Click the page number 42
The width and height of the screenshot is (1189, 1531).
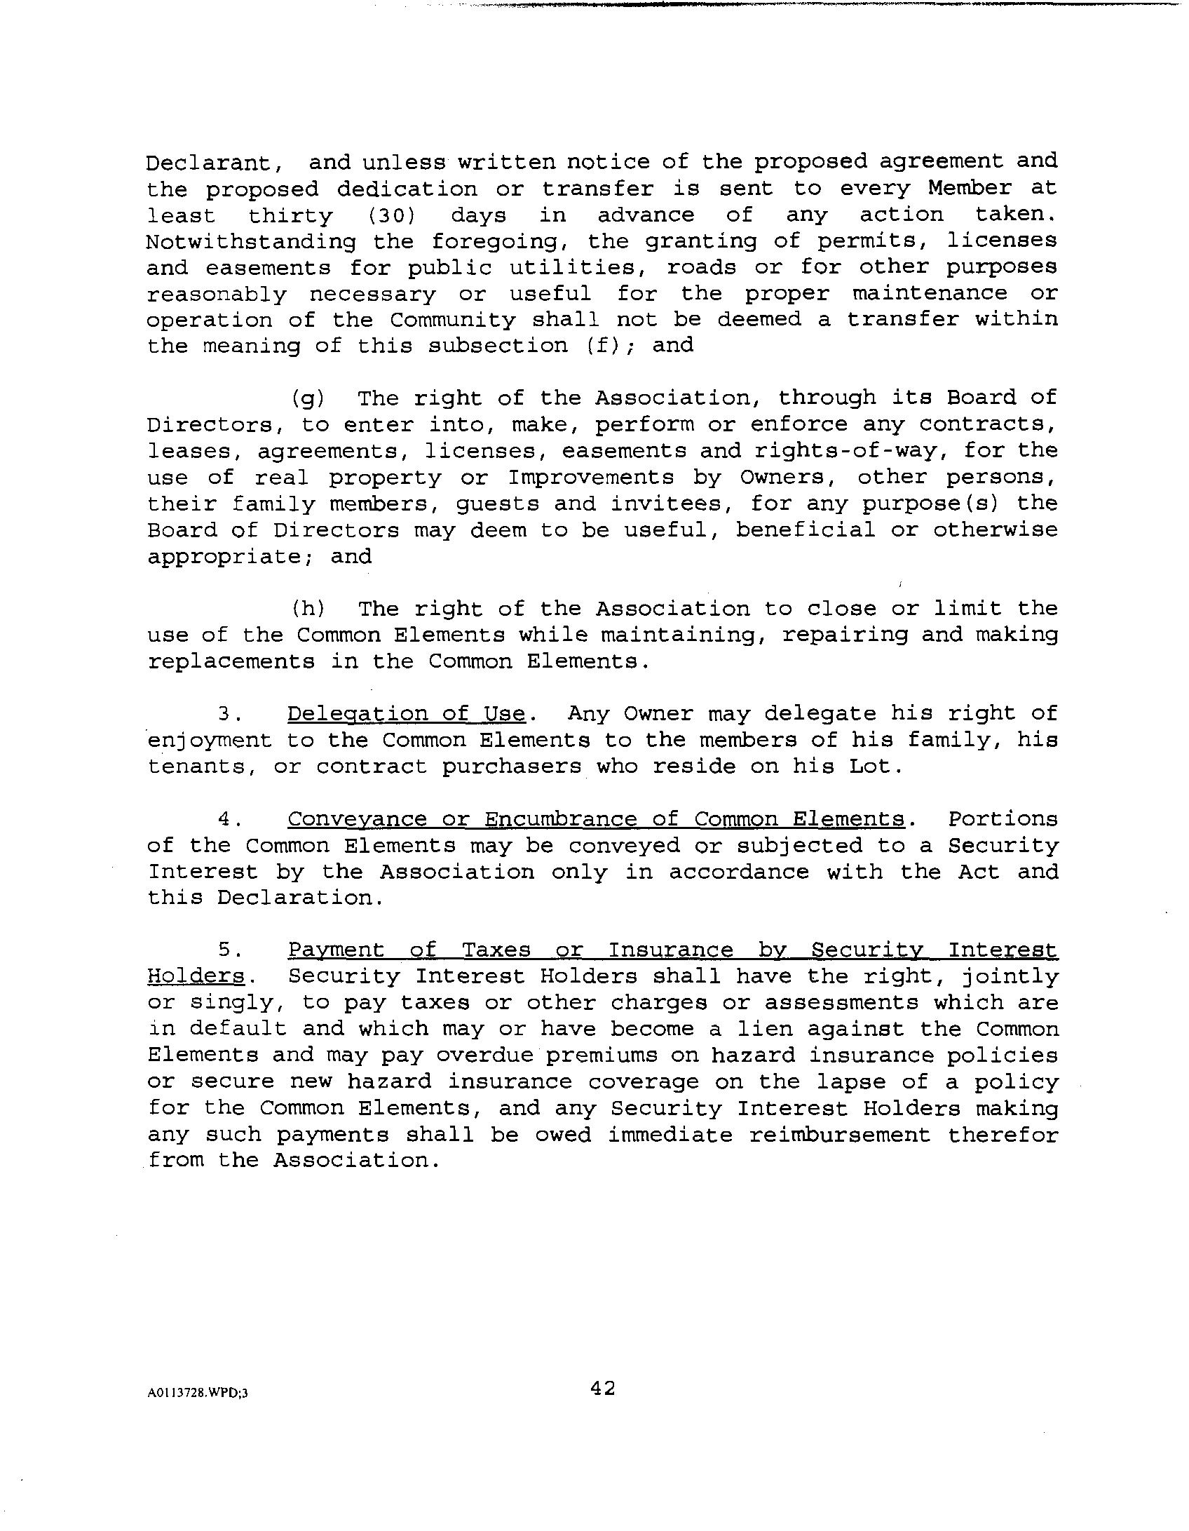pyautogui.click(x=602, y=1388)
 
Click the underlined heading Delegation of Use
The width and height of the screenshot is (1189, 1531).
pyautogui.click(x=406, y=714)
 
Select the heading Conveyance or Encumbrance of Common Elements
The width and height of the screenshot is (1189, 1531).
pyautogui.click(x=596, y=819)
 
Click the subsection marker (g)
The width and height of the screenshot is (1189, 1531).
pyautogui.click(x=308, y=399)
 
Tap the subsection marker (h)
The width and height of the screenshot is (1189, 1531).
pyautogui.click(x=308, y=609)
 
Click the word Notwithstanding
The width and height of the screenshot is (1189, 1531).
pyautogui.click(x=250, y=242)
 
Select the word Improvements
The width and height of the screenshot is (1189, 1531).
pyautogui.click(x=590, y=478)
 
